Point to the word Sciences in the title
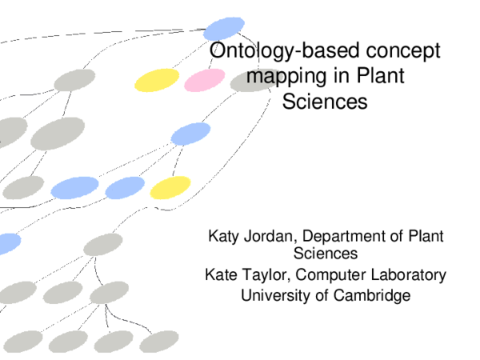tap(324, 102)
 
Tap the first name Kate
tap(222, 276)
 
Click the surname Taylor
tap(264, 276)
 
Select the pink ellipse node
tap(205, 80)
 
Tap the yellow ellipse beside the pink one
tap(157, 80)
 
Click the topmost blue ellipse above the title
tap(223, 28)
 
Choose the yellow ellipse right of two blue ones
tap(170, 187)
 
